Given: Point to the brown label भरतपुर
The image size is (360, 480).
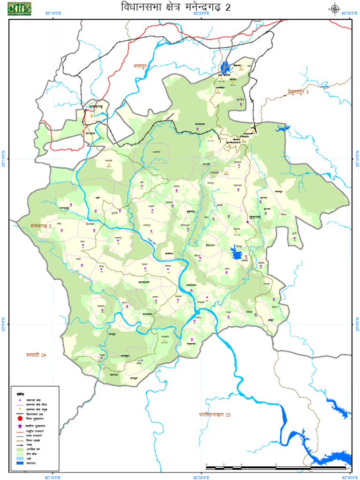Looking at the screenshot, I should coord(141,67).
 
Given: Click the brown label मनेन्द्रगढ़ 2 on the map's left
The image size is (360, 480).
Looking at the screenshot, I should coord(41,226).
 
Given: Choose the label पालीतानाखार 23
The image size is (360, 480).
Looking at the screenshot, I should coord(215,414).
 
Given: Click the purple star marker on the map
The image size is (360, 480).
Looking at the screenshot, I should coord(247,222).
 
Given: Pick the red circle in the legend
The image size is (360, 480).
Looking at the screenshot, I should coord(19,420).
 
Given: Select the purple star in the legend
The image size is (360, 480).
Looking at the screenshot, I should coord(19,426).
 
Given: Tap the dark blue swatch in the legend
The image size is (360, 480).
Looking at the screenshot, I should coord(19,463).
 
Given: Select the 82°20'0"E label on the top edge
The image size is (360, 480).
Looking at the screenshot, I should coord(202,14).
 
